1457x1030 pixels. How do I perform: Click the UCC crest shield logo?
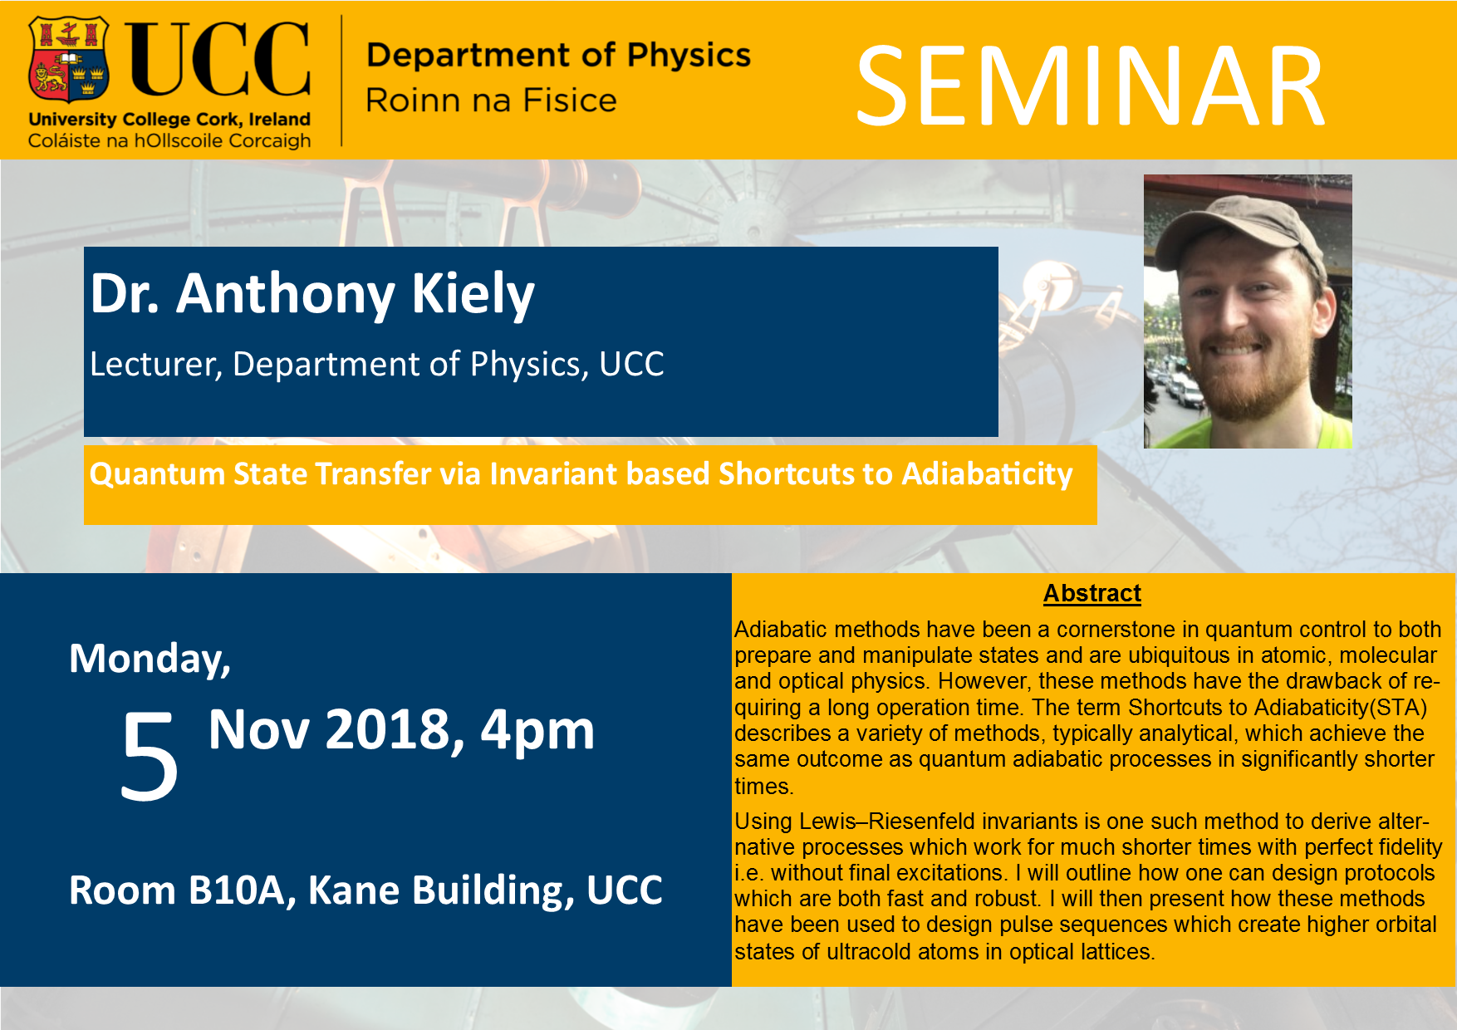(x=70, y=60)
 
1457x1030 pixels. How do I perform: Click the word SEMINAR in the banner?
(x=1090, y=86)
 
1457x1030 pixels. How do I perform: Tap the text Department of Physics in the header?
(x=558, y=55)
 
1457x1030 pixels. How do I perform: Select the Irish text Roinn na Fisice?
(x=491, y=101)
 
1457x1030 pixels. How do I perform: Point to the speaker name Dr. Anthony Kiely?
(x=312, y=294)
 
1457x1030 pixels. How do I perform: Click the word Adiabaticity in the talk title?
(x=988, y=474)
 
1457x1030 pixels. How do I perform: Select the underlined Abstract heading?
(x=1092, y=593)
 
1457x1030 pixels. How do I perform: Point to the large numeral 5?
(x=150, y=756)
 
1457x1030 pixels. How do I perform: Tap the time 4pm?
(x=537, y=732)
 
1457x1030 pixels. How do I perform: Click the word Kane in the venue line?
(x=355, y=890)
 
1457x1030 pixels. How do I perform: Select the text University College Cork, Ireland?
(x=169, y=119)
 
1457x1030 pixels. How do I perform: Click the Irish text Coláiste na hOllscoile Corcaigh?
(x=169, y=140)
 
